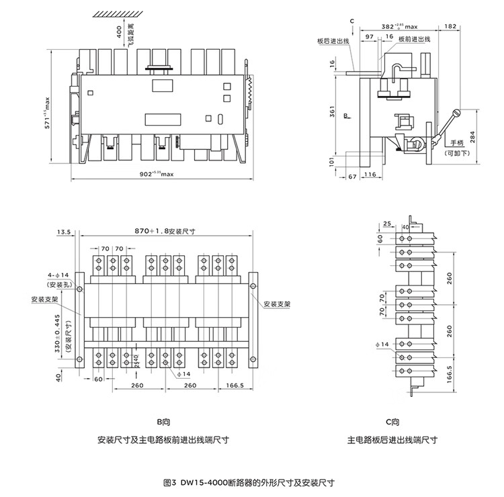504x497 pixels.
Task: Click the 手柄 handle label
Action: pyautogui.click(x=458, y=143)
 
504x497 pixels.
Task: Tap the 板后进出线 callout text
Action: pyautogui.click(x=333, y=41)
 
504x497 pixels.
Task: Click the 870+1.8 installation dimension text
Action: pyautogui.click(x=164, y=230)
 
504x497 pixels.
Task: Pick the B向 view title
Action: pyautogui.click(x=163, y=423)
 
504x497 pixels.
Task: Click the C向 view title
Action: pyautogui.click(x=392, y=423)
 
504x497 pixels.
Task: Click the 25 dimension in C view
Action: pyautogui.click(x=387, y=223)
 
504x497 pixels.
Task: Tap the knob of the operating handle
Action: pyautogui.click(x=455, y=114)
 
